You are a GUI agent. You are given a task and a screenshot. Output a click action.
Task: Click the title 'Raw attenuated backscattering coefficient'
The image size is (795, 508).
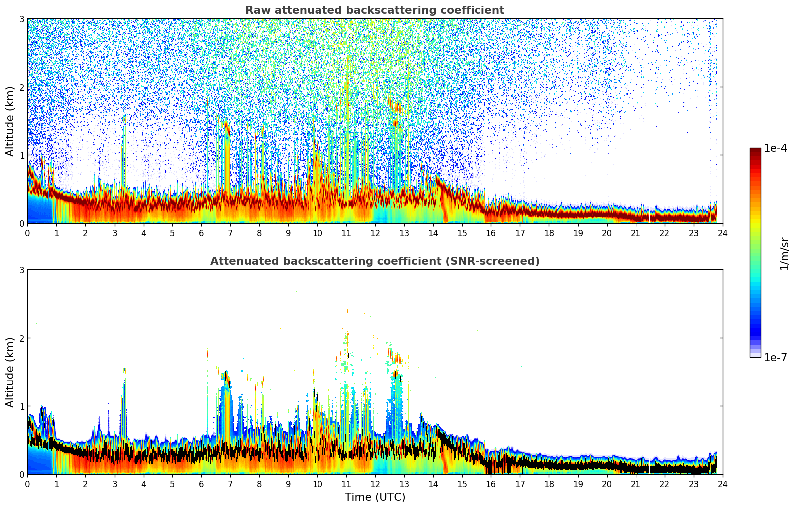point(374,10)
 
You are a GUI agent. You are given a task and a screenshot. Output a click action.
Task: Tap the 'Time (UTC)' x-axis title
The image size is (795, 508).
point(375,497)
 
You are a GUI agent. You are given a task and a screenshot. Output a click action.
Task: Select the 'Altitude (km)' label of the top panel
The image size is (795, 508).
point(10,121)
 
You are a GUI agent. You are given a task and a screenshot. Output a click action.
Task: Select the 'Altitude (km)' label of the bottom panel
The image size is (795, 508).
point(10,372)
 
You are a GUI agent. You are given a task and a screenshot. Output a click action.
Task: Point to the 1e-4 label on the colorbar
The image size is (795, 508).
point(775,148)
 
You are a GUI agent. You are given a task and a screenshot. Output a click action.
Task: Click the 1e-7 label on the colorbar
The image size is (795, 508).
point(775,357)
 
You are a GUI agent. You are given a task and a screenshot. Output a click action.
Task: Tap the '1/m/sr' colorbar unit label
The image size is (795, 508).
point(784,254)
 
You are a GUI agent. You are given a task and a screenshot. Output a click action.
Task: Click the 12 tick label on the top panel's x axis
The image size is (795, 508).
point(375,233)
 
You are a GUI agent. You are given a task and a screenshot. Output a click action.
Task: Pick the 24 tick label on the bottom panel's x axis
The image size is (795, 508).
point(722,484)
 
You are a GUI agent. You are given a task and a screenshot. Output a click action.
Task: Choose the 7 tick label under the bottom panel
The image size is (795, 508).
point(230,484)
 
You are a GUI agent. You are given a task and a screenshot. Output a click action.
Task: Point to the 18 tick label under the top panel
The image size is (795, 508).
point(549,233)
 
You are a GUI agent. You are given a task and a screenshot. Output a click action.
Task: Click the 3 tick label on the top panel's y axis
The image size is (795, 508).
point(22,19)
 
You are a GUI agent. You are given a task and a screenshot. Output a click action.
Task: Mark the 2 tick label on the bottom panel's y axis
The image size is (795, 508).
point(22,338)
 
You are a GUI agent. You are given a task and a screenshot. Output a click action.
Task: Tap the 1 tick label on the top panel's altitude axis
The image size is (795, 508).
point(22,155)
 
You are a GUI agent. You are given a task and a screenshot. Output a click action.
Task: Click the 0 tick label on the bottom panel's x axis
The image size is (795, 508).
point(27,484)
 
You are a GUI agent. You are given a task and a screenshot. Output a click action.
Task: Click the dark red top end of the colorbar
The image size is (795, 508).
point(755,151)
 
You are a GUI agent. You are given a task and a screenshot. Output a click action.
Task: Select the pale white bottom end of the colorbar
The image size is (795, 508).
point(755,355)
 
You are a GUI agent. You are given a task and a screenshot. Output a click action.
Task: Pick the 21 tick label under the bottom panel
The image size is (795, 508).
point(636,484)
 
